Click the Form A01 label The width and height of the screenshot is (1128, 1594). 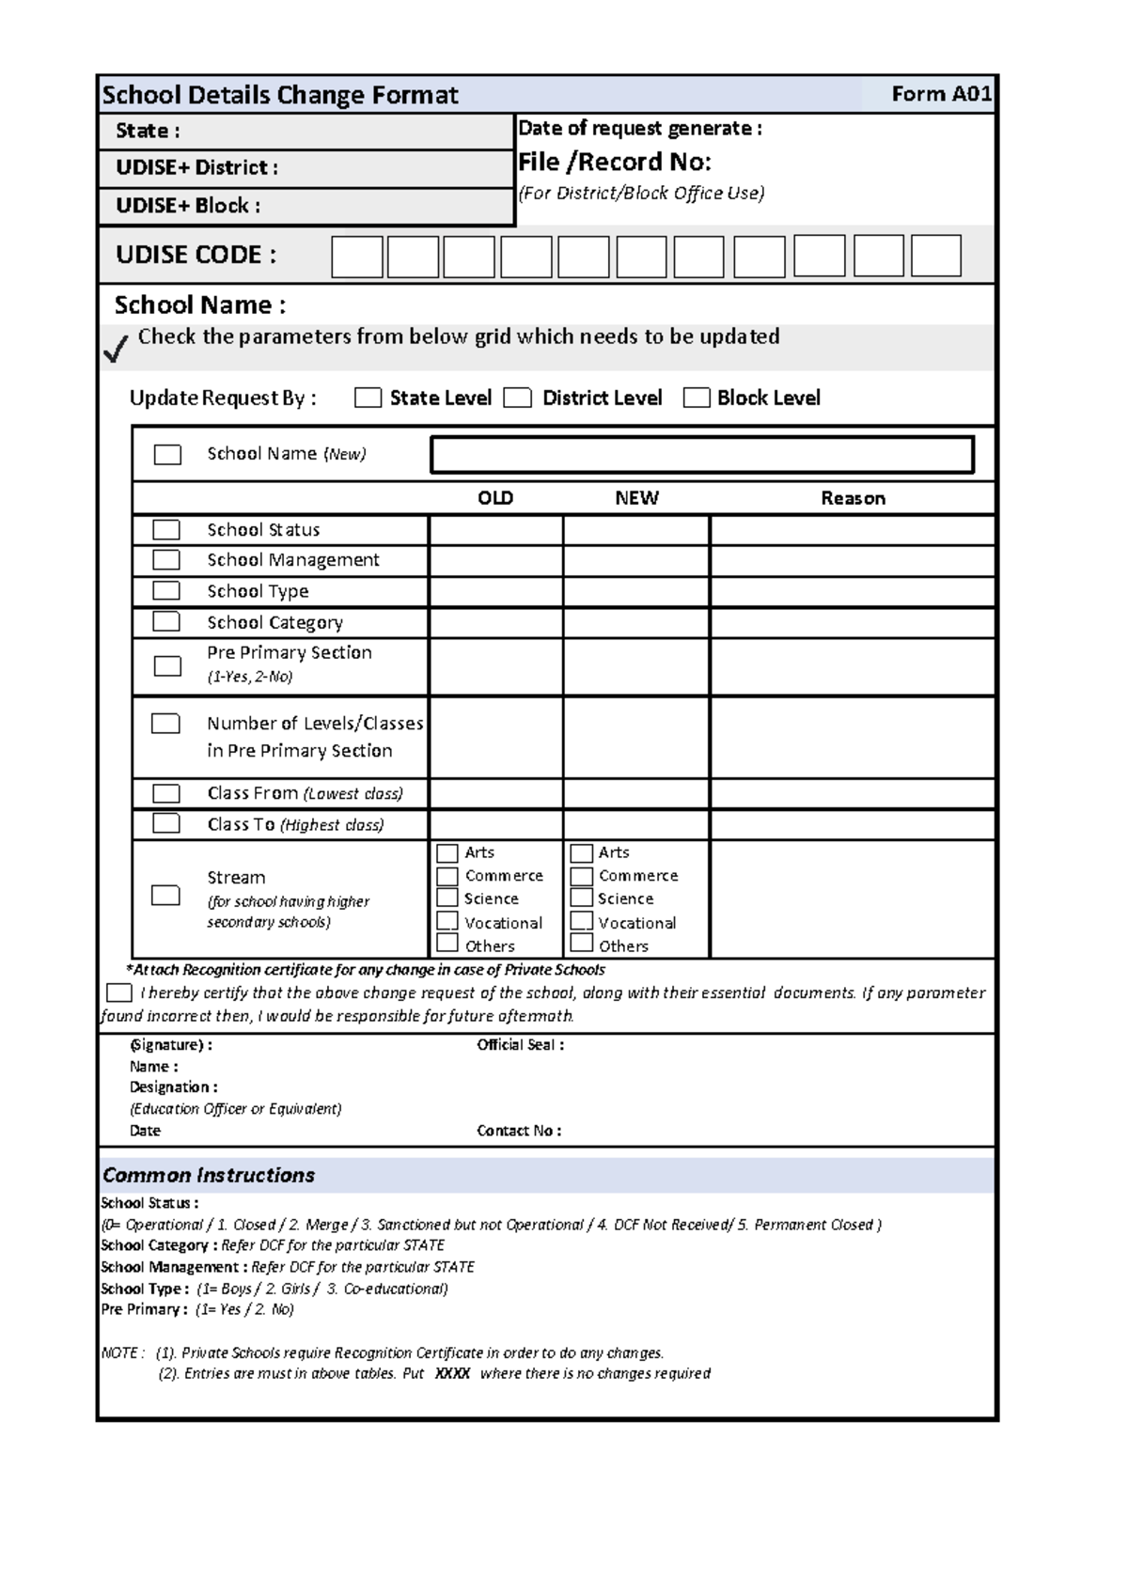940,94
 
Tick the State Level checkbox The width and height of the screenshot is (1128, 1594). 368,398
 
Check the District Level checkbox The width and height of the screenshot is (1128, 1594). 517,398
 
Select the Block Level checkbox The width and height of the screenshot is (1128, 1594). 697,398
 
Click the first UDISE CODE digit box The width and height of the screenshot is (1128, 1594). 357,257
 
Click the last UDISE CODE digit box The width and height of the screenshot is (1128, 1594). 936,256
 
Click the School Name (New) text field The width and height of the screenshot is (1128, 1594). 701,455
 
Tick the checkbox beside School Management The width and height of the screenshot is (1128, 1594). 166,560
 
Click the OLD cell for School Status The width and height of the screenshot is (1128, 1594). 495,530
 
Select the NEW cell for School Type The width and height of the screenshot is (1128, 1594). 636,591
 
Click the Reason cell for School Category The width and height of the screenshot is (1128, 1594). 852,622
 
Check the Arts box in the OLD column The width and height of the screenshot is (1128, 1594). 447,852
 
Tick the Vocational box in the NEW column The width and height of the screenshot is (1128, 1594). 582,922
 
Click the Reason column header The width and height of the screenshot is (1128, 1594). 853,498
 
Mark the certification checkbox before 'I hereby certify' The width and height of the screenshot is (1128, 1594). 119,992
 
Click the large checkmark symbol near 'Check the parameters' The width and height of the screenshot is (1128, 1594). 116,350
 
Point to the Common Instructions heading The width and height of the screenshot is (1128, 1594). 209,1175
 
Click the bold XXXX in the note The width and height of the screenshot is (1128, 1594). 452,1373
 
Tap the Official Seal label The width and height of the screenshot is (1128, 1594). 520,1045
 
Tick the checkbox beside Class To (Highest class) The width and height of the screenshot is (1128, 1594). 166,823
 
